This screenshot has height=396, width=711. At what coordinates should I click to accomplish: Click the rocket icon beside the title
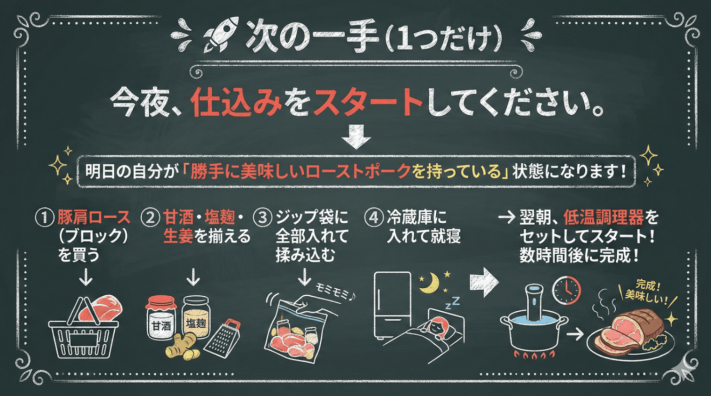click(x=221, y=35)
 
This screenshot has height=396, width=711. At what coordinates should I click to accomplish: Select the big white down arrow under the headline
click(x=356, y=137)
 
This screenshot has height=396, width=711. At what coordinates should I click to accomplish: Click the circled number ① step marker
click(x=44, y=218)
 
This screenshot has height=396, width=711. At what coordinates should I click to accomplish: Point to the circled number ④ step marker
click(x=374, y=218)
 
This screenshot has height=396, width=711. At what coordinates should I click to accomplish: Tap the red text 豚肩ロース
click(x=94, y=218)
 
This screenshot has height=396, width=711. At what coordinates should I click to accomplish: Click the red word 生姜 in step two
click(x=178, y=237)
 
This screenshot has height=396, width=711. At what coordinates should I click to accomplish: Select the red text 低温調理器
click(x=604, y=218)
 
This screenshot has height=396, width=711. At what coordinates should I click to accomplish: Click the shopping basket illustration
click(x=84, y=330)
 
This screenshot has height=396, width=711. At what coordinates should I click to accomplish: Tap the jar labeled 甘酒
click(x=161, y=317)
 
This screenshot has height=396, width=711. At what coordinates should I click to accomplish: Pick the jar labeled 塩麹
click(x=197, y=316)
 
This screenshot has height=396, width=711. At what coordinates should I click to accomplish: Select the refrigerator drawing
click(x=393, y=305)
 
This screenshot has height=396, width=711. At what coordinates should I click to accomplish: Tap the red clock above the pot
click(x=567, y=290)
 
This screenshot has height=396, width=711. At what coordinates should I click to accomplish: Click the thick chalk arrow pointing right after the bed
click(x=484, y=282)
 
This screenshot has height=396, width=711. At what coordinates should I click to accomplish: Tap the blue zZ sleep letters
click(x=453, y=303)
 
